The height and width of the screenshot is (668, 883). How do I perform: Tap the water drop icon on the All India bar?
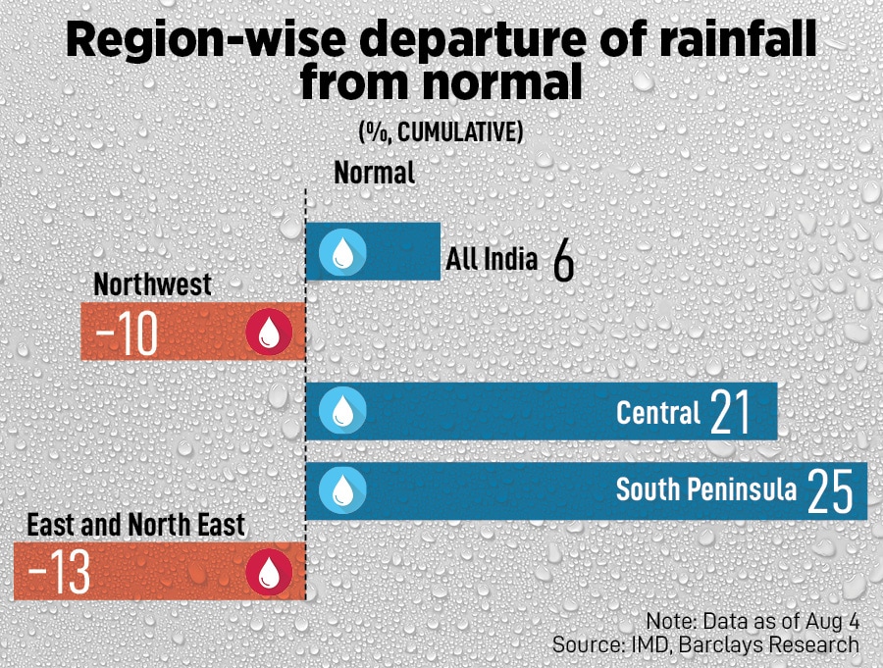(342, 251)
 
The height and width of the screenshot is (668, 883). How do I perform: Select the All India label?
(492, 259)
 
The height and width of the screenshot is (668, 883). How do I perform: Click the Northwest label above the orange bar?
(152, 284)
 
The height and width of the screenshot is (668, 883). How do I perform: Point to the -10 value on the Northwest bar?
(127, 333)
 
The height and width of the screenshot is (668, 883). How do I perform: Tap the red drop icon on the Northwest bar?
(269, 332)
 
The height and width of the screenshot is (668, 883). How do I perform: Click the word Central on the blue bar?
(658, 412)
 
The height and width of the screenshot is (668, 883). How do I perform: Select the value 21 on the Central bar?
(730, 412)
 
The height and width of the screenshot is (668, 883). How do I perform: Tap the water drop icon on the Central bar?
(342, 410)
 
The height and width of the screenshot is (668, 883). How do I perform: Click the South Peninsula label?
(705, 488)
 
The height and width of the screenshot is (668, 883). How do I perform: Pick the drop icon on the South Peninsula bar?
(342, 488)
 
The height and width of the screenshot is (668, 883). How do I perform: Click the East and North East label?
(135, 524)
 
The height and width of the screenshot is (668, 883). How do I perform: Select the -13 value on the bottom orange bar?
(61, 572)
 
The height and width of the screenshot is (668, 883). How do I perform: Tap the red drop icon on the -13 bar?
(269, 572)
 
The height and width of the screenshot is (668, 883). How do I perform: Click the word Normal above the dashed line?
(374, 173)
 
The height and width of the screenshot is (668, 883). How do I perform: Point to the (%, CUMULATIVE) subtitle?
(440, 131)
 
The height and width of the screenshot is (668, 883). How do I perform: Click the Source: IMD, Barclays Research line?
(705, 644)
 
